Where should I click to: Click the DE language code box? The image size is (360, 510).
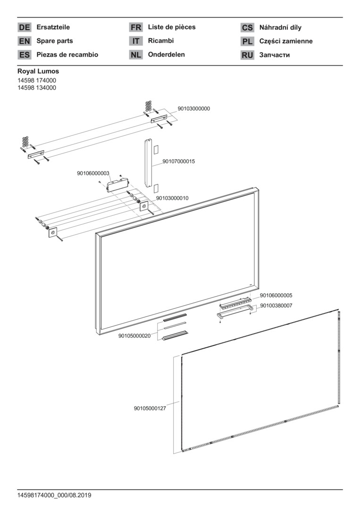tap(25, 27)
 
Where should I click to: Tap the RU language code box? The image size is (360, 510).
tap(247, 55)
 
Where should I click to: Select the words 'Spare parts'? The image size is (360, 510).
tap(55, 41)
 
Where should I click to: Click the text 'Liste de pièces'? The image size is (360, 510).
tap(172, 27)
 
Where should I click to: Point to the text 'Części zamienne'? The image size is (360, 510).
tap(286, 41)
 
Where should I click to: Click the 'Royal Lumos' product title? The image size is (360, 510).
tap(38, 71)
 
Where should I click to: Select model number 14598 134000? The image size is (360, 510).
tap(37, 88)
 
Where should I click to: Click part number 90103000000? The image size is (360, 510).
tap(193, 109)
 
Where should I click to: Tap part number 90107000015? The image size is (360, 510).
tap(179, 161)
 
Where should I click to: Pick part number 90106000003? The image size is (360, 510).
tap(93, 173)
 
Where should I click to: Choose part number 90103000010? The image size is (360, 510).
tap(172, 198)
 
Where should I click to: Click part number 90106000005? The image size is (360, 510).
tap(276, 296)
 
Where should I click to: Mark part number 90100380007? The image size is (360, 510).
tap(276, 306)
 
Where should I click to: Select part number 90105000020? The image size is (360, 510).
tap(134, 336)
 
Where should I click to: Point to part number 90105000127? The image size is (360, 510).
tap(150, 408)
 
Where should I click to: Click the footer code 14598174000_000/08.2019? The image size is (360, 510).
tap(54, 495)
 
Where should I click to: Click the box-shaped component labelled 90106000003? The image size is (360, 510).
tap(117, 185)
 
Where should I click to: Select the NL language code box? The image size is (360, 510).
tap(136, 55)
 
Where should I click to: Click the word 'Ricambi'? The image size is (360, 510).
tap(161, 41)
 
